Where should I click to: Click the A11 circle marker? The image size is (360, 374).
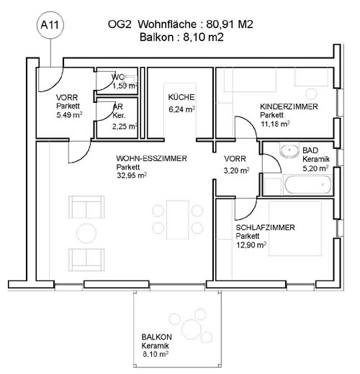50,25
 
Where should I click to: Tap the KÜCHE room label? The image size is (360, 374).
181,97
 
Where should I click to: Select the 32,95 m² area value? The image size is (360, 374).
132,175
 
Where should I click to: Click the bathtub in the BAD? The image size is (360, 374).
308,185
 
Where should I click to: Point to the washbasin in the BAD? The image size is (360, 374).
289,150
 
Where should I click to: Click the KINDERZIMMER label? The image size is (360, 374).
289,106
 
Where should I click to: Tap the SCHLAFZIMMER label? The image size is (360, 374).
265,227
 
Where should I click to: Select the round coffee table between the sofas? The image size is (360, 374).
86,233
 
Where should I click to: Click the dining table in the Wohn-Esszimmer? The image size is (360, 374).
178,219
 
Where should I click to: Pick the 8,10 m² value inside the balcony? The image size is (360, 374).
156,354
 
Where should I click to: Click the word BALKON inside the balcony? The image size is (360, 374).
156,337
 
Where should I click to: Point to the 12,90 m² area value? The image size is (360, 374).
251,245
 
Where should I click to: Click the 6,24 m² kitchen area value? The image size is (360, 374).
181,109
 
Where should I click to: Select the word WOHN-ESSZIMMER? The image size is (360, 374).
151,158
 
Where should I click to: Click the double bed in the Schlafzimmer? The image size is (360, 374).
295,229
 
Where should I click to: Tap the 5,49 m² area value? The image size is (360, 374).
69,115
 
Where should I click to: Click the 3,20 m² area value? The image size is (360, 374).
236,170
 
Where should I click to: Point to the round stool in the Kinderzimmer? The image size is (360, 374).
311,93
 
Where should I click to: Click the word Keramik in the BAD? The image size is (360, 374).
316,159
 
